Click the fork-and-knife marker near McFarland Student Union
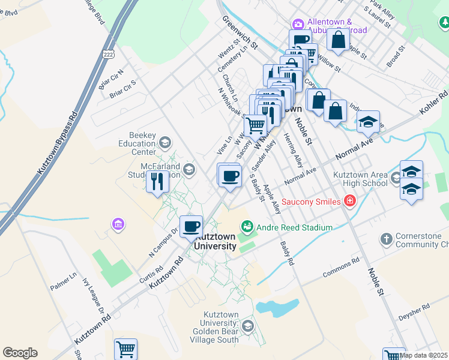(x=158, y=181)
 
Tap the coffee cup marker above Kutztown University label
(x=191, y=227)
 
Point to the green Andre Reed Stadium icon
(x=246, y=227)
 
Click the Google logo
(x=20, y=353)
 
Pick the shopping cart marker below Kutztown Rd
(x=125, y=349)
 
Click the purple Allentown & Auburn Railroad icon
(x=298, y=24)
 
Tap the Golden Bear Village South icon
(x=248, y=326)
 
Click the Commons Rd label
(x=340, y=268)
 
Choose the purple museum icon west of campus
(x=118, y=224)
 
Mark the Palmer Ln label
(x=64, y=282)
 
